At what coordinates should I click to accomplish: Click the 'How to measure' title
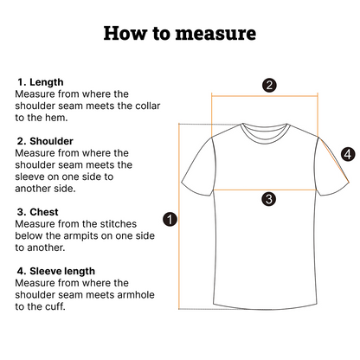[180, 33]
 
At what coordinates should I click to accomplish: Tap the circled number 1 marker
[170, 220]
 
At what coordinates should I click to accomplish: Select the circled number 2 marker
[269, 86]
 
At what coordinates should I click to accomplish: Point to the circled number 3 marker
[269, 199]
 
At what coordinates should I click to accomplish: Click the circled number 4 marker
[348, 154]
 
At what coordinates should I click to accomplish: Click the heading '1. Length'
[41, 82]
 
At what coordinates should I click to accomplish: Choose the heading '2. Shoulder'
[45, 141]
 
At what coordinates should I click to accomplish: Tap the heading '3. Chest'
[37, 212]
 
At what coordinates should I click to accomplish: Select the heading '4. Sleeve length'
[56, 271]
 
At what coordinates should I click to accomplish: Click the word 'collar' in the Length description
[146, 106]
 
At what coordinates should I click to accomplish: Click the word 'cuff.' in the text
[56, 306]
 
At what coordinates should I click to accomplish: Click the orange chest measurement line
[265, 190]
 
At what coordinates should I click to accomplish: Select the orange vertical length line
[179, 216]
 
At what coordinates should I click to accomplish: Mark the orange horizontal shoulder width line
[265, 95]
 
